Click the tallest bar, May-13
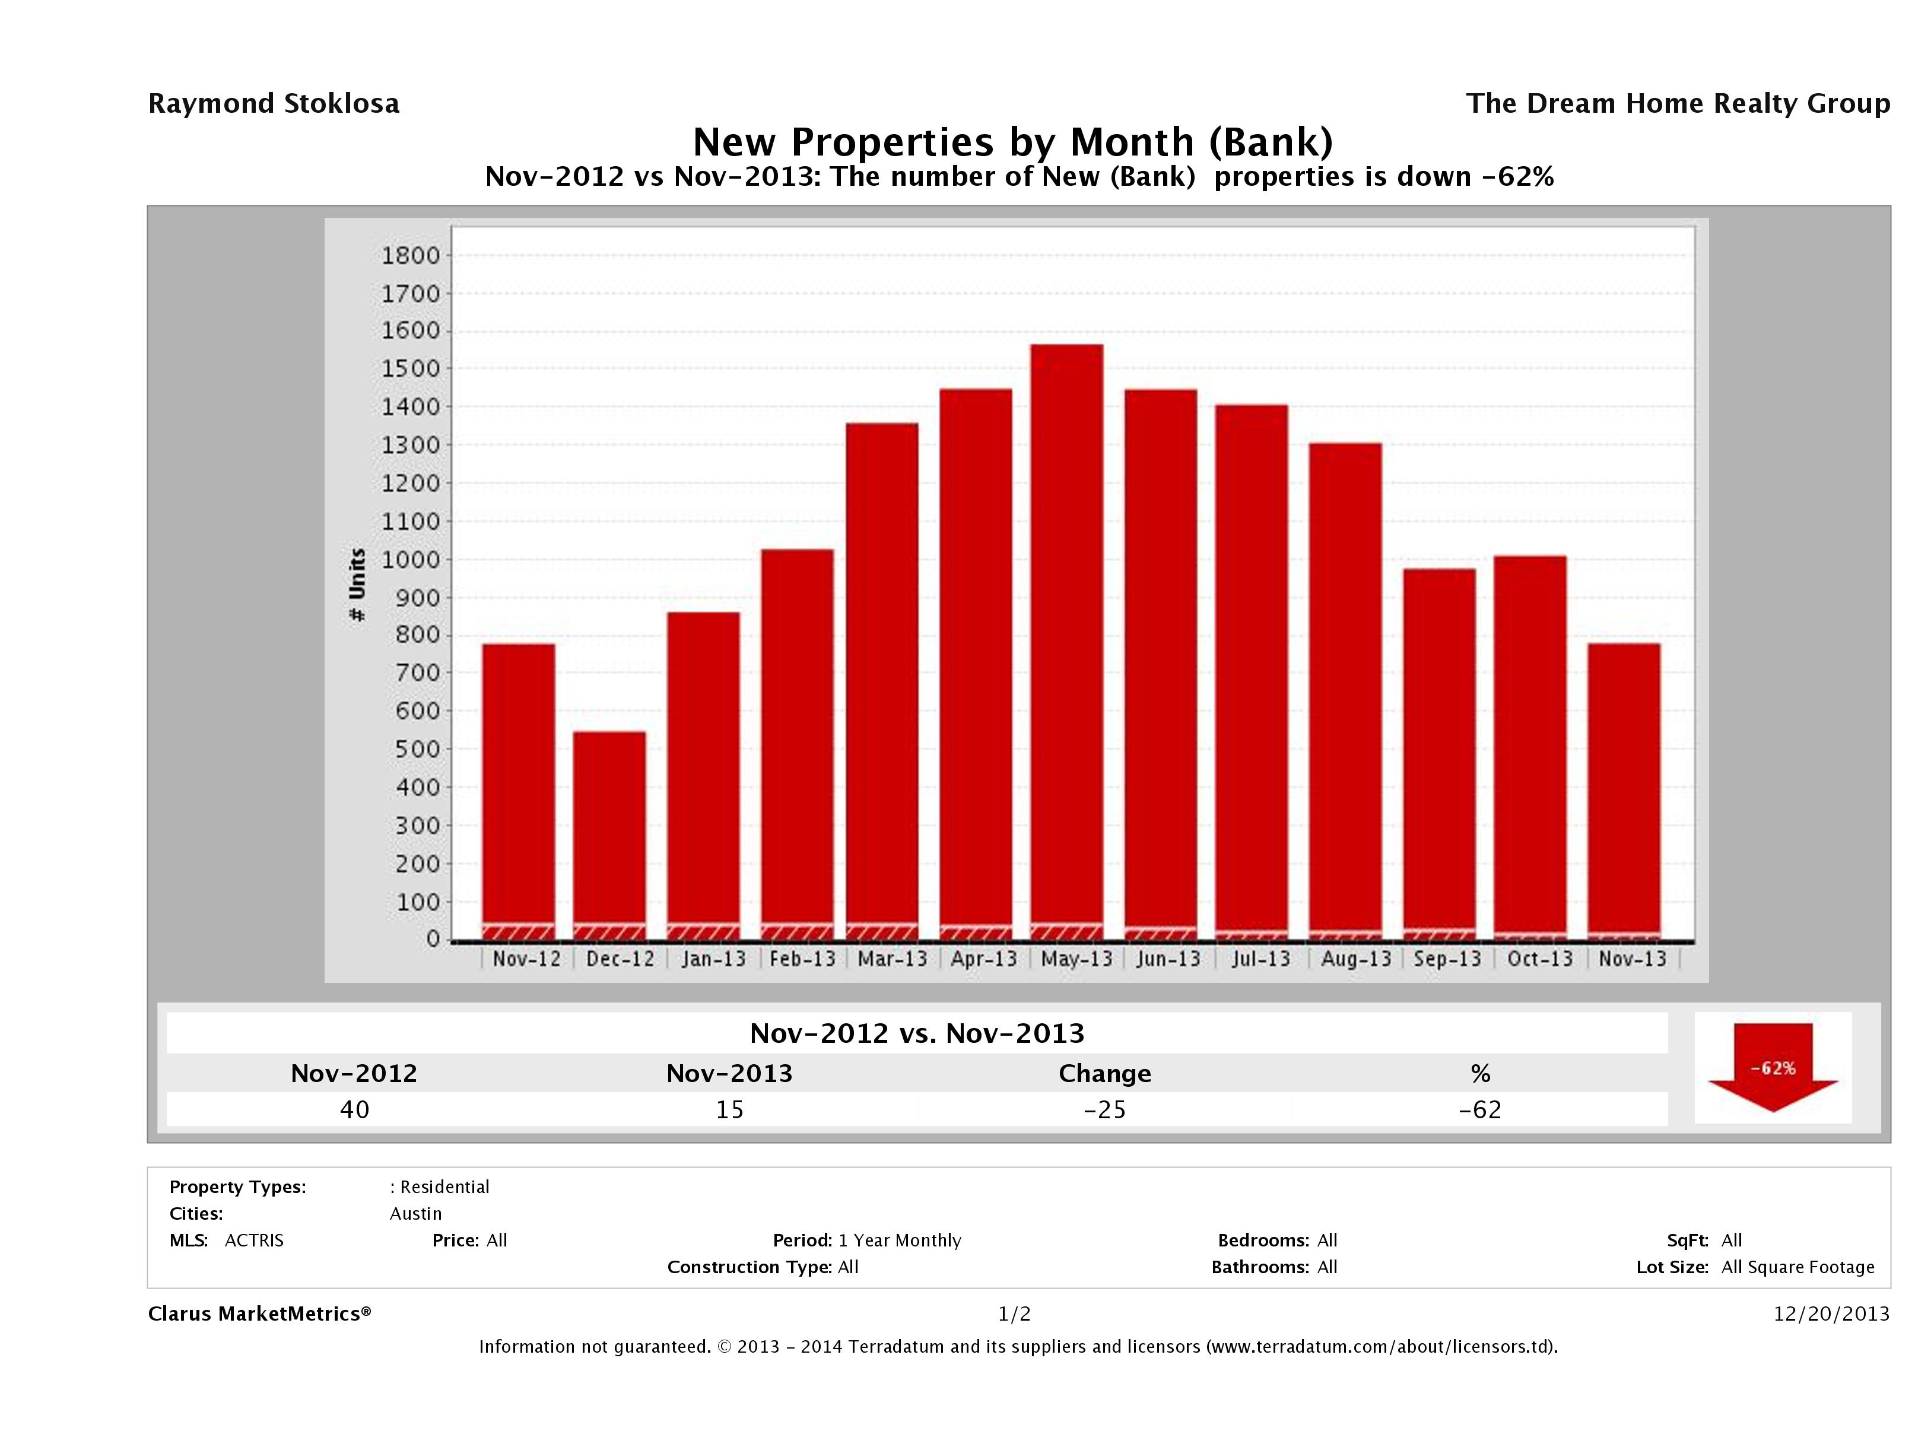1066,641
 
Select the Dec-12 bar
609,836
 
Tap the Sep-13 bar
1439,753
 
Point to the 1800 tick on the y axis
411,255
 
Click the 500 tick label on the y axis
411,749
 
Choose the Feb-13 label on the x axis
802,959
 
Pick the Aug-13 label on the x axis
1356,959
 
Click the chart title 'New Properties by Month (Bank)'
1013,141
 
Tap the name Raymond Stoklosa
274,104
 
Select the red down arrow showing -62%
1772,1068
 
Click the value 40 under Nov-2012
354,1109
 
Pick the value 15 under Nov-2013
729,1109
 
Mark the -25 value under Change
1105,1109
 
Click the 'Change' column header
1105,1074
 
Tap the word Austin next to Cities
415,1214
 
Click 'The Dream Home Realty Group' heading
1678,104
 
